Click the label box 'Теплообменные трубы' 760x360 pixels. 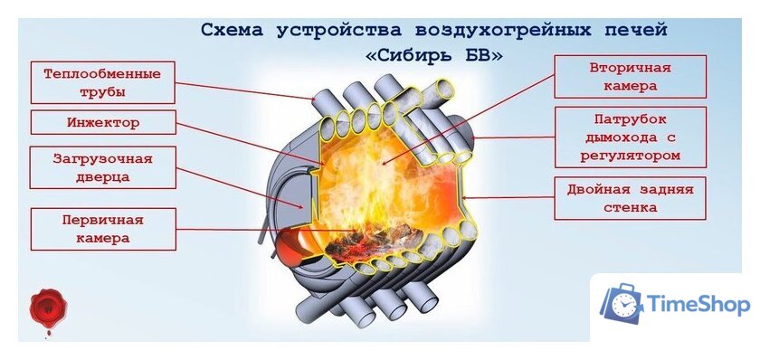pyautogui.click(x=102, y=82)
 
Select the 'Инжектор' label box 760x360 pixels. pyautogui.click(x=102, y=121)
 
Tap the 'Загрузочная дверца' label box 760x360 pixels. pyautogui.click(x=102, y=167)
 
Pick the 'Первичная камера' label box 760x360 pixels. pyautogui.click(x=102, y=229)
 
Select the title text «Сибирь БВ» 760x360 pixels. pyautogui.click(x=434, y=56)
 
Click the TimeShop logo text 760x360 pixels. pyautogui.click(x=699, y=305)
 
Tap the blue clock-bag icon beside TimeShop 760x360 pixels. pyautogui.click(x=622, y=304)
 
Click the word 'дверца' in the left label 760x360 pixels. pyautogui.click(x=102, y=177)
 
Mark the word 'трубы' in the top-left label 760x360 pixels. pyautogui.click(x=102, y=92)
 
